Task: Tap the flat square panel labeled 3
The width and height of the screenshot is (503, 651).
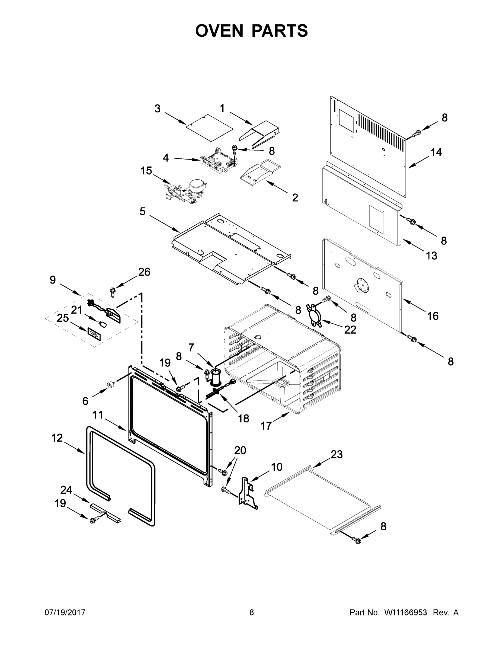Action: click(209, 127)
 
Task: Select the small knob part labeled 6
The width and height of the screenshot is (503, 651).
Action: click(111, 385)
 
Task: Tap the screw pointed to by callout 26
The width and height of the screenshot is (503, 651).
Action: click(113, 291)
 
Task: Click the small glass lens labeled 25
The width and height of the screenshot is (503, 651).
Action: click(94, 333)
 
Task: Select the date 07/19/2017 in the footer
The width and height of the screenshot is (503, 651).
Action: click(65, 612)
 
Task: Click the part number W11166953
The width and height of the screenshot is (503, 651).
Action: click(406, 612)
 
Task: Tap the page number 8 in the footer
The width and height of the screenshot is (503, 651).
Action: click(252, 612)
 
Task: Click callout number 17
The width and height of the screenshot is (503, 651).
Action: click(266, 426)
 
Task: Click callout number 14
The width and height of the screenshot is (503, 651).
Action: click(436, 152)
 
